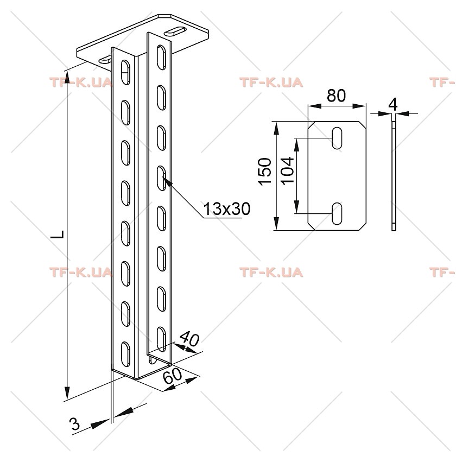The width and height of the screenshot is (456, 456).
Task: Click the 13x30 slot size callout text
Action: click(226, 209)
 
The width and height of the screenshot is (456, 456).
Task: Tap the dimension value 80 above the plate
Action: click(336, 96)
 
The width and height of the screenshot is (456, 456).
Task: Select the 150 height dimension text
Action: click(265, 171)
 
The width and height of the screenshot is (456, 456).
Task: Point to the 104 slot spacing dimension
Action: click(287, 170)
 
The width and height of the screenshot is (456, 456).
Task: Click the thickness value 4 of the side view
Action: click(393, 105)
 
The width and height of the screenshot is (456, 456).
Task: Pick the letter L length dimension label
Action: click(58, 234)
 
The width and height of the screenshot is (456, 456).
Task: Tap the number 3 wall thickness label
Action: click(75, 424)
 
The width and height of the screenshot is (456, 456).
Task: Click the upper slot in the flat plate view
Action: click(337, 138)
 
